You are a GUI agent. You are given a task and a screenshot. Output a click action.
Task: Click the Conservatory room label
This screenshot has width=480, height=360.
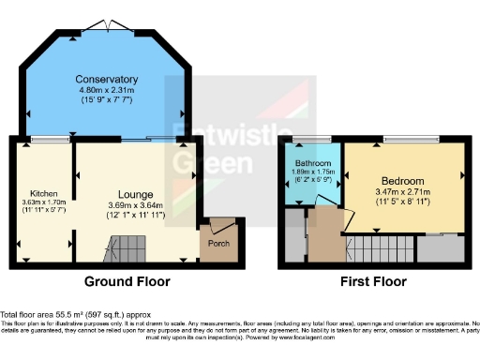(107, 79)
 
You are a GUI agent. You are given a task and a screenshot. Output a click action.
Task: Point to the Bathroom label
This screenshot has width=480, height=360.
(310, 161)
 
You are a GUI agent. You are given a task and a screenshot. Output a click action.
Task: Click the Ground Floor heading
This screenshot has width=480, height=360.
(127, 281)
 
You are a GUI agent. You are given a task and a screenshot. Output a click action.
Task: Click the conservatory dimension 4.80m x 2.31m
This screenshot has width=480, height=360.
(107, 91)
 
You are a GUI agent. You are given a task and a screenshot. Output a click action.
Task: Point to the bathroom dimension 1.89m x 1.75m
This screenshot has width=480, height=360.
(311, 172)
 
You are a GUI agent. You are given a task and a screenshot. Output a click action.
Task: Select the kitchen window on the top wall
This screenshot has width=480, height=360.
(42, 140)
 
